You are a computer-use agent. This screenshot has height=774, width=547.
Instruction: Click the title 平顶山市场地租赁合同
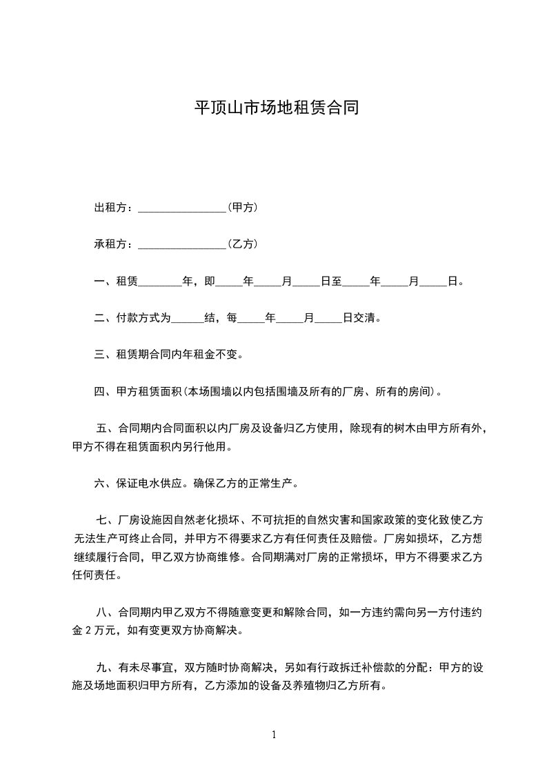coord(276,108)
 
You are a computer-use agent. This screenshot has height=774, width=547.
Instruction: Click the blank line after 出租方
coord(182,208)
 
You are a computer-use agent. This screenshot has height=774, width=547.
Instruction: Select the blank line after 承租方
coord(182,245)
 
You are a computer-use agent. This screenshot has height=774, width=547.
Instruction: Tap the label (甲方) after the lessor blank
coord(243,207)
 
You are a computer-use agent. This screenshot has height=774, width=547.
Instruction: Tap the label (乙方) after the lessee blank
coord(243,244)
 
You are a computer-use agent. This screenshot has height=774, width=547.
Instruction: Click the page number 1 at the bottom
coord(274,735)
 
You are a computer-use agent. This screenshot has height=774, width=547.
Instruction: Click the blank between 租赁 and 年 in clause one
coord(161,282)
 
